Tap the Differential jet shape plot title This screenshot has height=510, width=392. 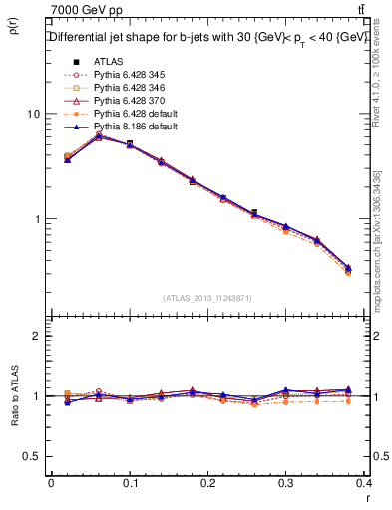pyautogui.click(x=206, y=38)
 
